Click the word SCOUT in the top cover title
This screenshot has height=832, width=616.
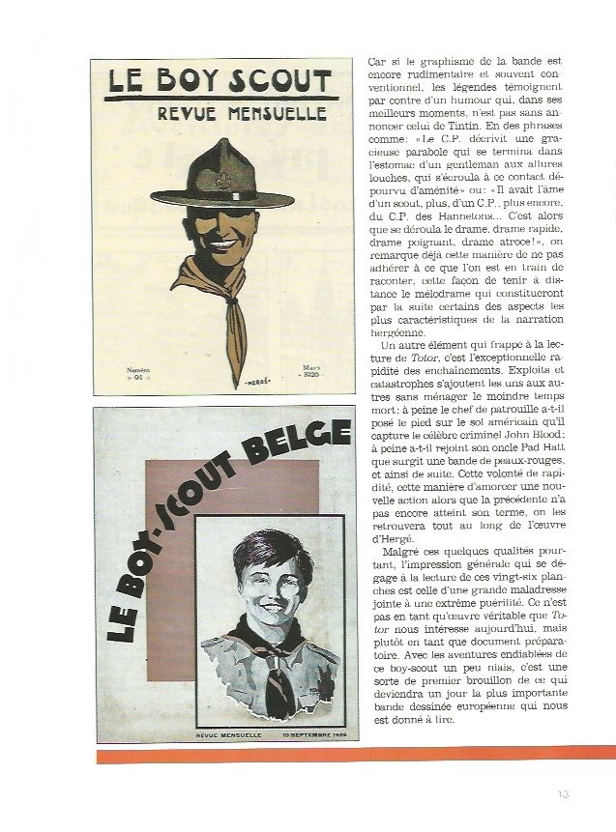point(270,80)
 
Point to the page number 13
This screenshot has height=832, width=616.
point(565,794)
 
